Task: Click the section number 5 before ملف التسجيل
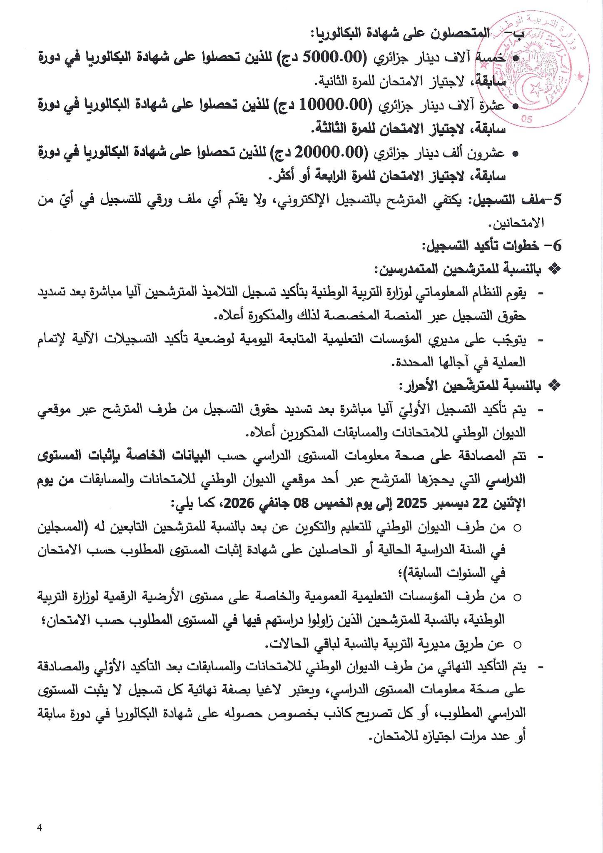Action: (x=557, y=200)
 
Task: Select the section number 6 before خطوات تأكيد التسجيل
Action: (x=557, y=247)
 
